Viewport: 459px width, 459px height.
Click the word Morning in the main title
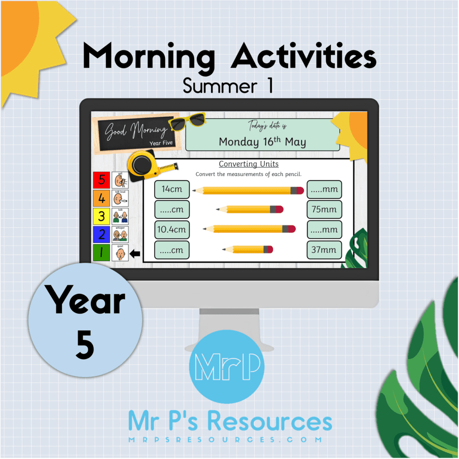tap(145, 58)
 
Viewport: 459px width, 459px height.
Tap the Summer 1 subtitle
tap(228, 86)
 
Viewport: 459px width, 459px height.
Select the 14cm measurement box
tap(172, 189)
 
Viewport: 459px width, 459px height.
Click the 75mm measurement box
tap(324, 209)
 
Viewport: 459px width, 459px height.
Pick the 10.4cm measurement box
tap(172, 229)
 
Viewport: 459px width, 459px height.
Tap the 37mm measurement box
tap(324, 250)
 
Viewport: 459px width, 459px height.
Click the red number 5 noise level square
tap(101, 180)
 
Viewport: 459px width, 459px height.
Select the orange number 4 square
tap(101, 198)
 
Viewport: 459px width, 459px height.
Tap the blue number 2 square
tap(101, 234)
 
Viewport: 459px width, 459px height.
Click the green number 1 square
tap(101, 252)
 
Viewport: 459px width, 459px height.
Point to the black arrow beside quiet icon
tap(134, 254)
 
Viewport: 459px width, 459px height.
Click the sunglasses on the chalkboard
tap(187, 121)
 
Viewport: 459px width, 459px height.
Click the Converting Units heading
tap(248, 164)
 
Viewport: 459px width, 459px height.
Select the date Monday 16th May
tap(262, 142)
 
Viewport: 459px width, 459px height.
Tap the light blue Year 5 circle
tap(85, 320)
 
